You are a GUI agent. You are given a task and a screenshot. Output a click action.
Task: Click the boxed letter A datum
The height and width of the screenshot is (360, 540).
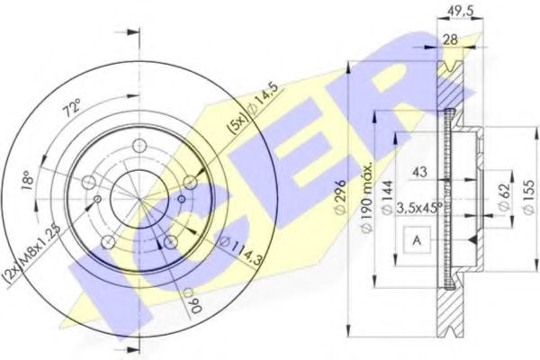pos(418,241)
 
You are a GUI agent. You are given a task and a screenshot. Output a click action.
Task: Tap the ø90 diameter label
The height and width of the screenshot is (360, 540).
pos(188,301)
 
